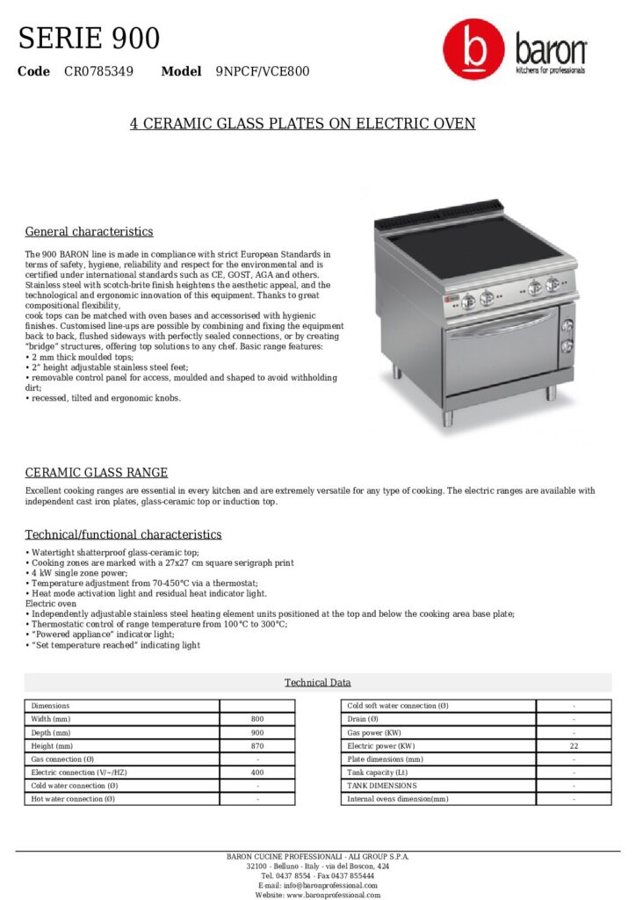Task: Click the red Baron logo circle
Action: point(474,51)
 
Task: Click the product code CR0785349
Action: point(98,71)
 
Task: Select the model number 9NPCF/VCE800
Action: point(262,71)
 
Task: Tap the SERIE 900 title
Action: point(89,39)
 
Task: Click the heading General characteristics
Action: point(89,232)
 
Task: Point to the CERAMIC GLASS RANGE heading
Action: point(96,473)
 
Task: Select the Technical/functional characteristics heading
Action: point(123,534)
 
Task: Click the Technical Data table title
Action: point(317,683)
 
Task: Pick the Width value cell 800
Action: point(257,719)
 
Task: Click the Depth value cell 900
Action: point(257,732)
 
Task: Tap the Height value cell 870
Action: point(257,745)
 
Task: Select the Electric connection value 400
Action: point(257,772)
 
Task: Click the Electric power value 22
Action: point(574,745)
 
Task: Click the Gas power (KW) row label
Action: point(374,732)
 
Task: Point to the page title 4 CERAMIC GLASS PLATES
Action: point(302,124)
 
